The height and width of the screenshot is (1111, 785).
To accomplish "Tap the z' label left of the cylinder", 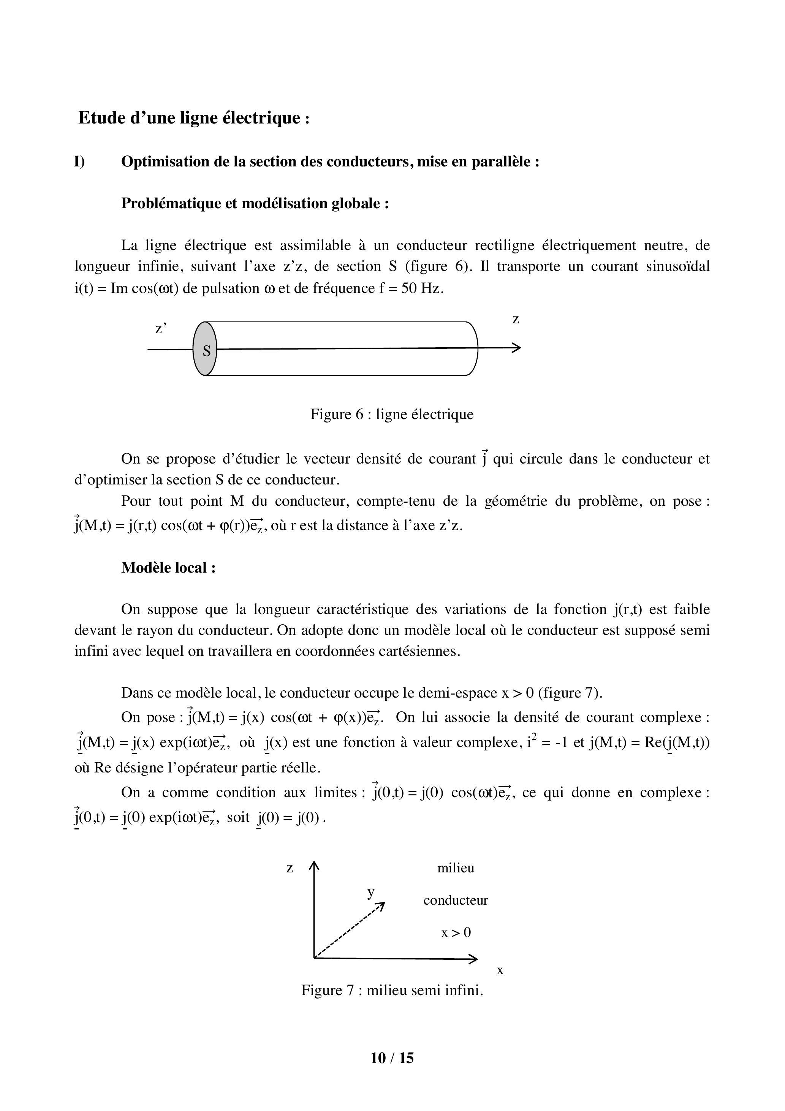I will click(161, 329).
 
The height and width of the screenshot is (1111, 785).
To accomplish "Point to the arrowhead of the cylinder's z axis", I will click(518, 347).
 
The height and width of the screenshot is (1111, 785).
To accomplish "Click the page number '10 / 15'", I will click(392, 1058).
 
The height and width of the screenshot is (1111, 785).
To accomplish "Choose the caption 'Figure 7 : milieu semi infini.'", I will click(392, 990).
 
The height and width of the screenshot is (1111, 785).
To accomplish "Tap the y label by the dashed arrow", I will click(371, 892).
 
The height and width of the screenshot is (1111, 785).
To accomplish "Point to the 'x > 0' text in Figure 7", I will click(456, 932).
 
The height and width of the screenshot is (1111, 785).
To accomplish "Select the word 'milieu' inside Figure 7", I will click(456, 868).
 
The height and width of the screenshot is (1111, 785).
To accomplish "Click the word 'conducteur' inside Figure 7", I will click(456, 900).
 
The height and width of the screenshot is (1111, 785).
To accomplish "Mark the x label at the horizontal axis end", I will click(500, 970).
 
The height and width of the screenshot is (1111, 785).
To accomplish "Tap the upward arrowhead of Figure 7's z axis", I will click(315, 865).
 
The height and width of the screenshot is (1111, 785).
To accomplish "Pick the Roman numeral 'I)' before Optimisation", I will click(79, 161).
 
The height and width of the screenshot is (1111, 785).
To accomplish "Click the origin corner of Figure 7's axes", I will click(315, 957).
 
